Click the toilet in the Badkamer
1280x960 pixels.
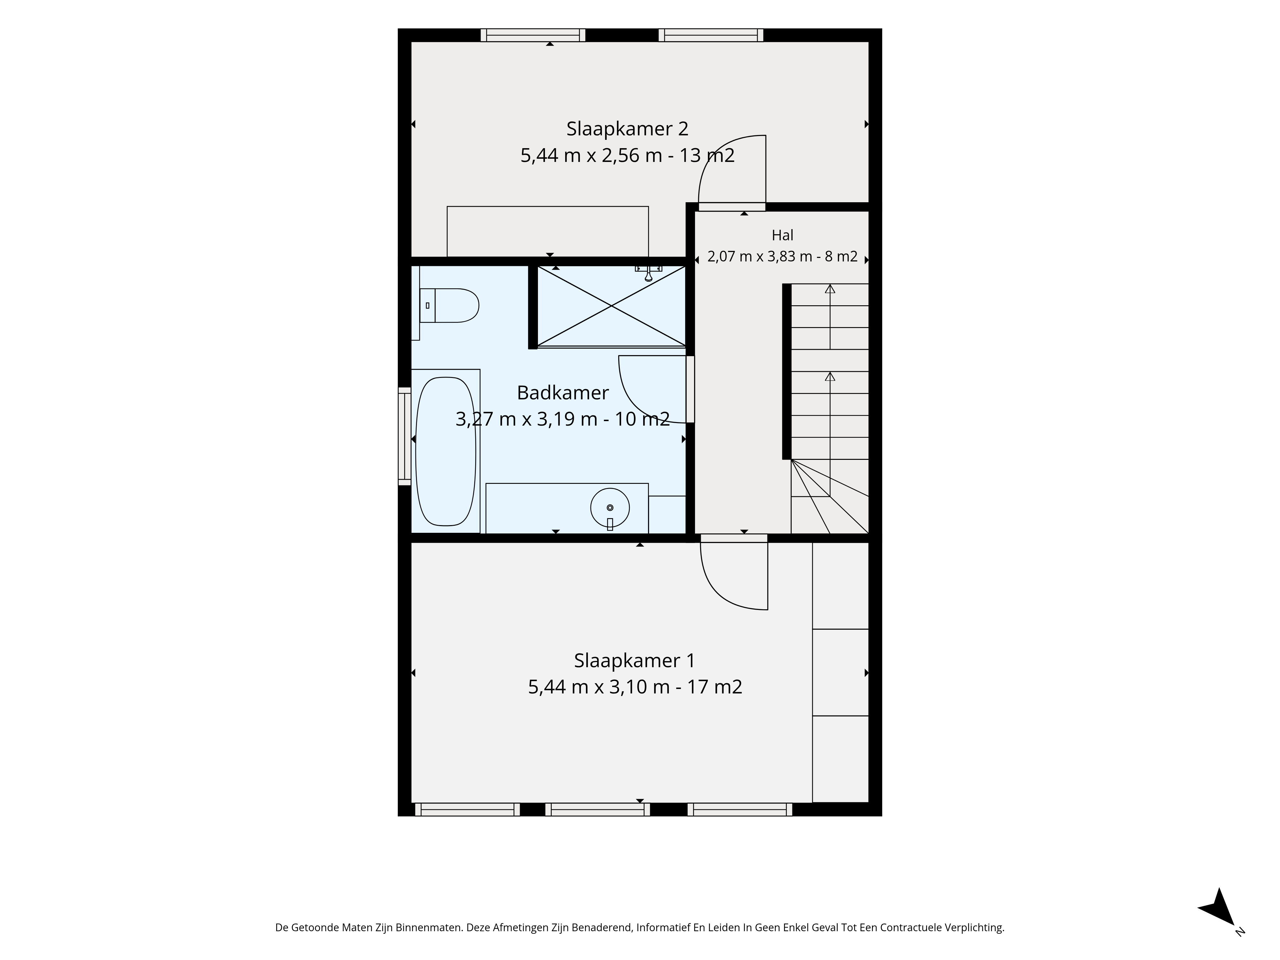[449, 306]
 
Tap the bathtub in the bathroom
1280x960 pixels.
[445, 451]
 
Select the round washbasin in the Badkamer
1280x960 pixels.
[610, 508]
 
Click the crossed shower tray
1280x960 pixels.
[611, 306]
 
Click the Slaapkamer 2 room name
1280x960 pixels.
[627, 128]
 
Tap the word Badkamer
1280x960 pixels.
[563, 393]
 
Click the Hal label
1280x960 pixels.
[782, 236]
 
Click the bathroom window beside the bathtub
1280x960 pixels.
[404, 436]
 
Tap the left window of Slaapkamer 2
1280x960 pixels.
[533, 35]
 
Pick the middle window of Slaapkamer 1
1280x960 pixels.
[597, 810]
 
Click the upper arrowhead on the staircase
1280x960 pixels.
[830, 289]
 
